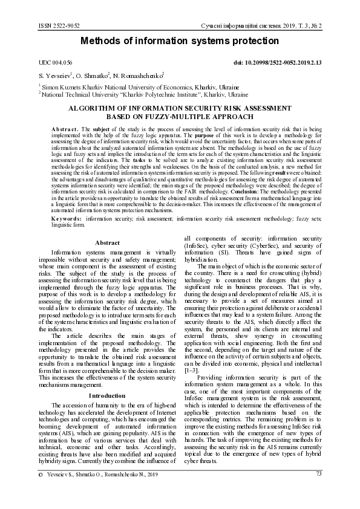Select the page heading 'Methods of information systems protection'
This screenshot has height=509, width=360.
(x=180, y=41)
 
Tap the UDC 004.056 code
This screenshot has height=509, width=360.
(x=55, y=63)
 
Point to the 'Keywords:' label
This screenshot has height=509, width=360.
(x=67, y=217)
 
